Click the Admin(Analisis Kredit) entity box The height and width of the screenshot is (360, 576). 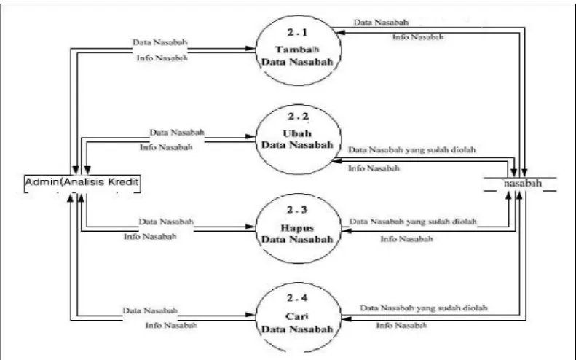(x=82, y=184)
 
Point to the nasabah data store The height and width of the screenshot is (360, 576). (x=520, y=184)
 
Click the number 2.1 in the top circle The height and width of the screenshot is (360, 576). (x=298, y=32)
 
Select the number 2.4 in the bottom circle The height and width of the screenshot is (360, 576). (x=298, y=298)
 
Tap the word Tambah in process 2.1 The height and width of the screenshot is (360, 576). (x=297, y=50)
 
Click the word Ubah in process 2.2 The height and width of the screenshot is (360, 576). (x=297, y=133)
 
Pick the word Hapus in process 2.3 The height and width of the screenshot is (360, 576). (x=297, y=228)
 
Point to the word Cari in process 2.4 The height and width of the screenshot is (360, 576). (x=297, y=316)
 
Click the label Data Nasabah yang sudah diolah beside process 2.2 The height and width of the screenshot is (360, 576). (x=412, y=150)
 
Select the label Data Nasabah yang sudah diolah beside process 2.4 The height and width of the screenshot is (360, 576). (x=424, y=308)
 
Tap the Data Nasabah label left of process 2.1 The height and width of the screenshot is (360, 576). (x=159, y=42)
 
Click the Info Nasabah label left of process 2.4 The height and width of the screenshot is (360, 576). (x=171, y=326)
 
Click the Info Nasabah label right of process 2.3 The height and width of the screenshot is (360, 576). (x=406, y=239)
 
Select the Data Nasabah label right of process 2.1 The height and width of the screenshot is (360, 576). (x=381, y=23)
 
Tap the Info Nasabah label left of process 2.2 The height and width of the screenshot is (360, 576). (x=166, y=147)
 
